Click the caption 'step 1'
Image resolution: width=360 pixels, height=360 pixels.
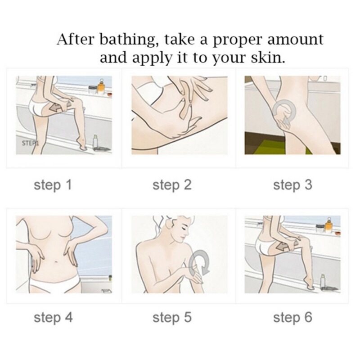coord(53,185)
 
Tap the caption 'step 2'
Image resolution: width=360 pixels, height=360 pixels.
coord(172,185)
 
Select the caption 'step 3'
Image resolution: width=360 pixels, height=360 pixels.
coord(293,185)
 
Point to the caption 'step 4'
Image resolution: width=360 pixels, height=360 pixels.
coord(53,318)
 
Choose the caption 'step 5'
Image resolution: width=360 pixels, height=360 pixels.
coord(172,318)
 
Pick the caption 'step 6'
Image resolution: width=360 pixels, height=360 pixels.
coord(293,318)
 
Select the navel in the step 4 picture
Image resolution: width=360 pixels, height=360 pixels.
coord(56,261)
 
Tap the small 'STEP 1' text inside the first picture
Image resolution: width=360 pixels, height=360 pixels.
coord(30,143)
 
